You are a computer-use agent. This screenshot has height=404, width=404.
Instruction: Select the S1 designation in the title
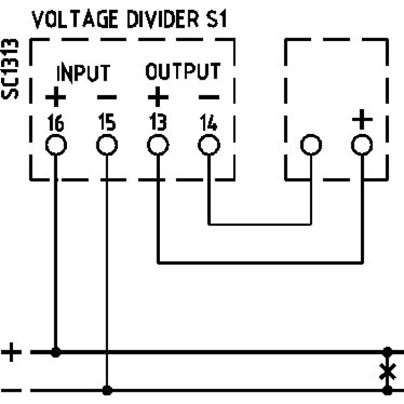(213, 20)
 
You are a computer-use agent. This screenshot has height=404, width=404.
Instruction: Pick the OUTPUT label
(182, 72)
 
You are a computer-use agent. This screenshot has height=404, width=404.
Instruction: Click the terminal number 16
(55, 123)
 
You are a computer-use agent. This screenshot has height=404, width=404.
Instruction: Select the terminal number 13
(157, 123)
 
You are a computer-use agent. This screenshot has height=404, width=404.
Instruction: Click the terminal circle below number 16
(56, 145)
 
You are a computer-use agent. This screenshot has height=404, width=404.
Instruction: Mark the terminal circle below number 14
(208, 145)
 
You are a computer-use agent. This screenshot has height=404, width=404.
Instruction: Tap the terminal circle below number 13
(158, 145)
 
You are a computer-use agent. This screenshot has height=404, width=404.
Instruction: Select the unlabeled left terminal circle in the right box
(311, 145)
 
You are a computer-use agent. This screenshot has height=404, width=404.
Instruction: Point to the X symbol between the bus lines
(387, 371)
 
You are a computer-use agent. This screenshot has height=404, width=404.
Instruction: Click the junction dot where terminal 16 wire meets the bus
(56, 351)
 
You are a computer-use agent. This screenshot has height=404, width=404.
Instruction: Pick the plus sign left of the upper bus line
(12, 351)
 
